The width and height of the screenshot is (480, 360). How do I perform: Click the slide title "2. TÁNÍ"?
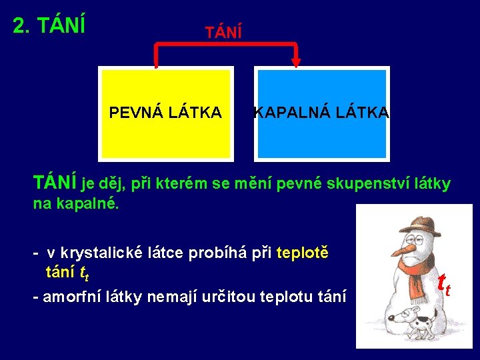click(x=49, y=25)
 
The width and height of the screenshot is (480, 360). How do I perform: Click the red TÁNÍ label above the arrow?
click(x=223, y=31)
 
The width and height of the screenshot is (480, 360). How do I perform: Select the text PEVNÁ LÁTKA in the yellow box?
click(x=165, y=113)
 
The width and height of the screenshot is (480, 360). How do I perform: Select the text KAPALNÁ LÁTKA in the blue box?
click(x=321, y=113)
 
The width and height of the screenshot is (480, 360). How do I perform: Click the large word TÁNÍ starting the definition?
click(x=56, y=183)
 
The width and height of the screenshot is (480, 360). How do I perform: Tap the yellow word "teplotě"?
click(x=302, y=253)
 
